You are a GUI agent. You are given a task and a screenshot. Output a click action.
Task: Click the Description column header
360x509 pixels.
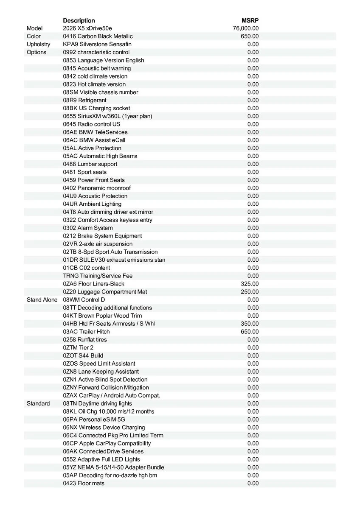pyautogui.click(x=79, y=20)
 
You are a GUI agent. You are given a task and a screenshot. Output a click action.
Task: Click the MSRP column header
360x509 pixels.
pyautogui.click(x=250, y=20)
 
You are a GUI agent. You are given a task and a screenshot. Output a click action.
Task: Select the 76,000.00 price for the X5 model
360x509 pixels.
pyautogui.click(x=246, y=28)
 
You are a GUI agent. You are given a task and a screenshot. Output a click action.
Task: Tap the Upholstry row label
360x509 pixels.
pyautogui.click(x=38, y=44)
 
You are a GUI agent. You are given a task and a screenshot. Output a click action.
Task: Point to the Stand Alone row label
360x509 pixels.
pyautogui.click(x=42, y=300)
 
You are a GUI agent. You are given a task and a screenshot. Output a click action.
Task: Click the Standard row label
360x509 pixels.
pyautogui.click(x=38, y=403)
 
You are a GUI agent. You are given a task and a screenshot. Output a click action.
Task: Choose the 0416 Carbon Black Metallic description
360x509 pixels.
pyautogui.click(x=98, y=36)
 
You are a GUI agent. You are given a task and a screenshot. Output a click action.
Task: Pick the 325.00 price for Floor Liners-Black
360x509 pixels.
pyautogui.click(x=250, y=284)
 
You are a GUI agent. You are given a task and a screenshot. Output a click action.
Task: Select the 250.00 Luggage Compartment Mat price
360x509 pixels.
pyautogui.click(x=250, y=292)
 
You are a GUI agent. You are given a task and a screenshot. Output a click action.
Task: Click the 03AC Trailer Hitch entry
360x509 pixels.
pyautogui.click(x=86, y=332)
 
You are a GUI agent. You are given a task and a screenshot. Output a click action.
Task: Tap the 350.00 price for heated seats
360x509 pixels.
pyautogui.click(x=250, y=324)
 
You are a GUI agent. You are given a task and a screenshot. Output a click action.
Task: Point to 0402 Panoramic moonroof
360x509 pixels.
pyautogui.click(x=97, y=188)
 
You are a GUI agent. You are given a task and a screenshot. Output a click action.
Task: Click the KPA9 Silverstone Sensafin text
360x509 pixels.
pyautogui.click(x=97, y=44)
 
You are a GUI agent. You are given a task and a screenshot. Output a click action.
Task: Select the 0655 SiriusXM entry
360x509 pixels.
pyautogui.click(x=107, y=116)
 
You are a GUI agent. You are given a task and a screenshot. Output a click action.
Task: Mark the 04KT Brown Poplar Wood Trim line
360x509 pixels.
pyautogui.click(x=102, y=316)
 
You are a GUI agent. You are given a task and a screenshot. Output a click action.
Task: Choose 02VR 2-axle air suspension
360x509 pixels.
pyautogui.click(x=98, y=244)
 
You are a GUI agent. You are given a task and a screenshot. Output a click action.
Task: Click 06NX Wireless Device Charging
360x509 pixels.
pyautogui.click(x=104, y=428)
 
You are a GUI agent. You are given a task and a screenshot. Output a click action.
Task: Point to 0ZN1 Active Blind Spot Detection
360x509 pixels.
pyautogui.click(x=105, y=380)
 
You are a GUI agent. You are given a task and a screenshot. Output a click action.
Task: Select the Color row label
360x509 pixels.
pyautogui.click(x=34, y=36)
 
